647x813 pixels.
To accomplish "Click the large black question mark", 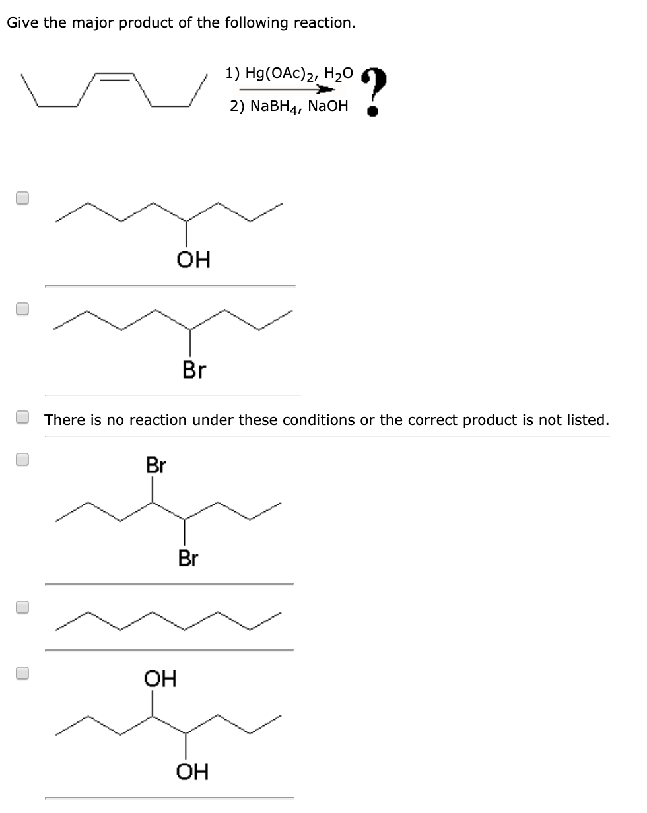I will coord(374,90).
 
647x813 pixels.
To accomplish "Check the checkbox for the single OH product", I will coord(22,198).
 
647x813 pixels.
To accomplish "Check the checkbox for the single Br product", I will coord(22,308).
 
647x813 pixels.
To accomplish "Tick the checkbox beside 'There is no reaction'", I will coord(22,418).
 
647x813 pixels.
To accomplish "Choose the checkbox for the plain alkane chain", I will coord(22,608).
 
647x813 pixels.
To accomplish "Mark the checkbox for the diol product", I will coord(22,672).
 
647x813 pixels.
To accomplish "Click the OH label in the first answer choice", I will coord(193,261).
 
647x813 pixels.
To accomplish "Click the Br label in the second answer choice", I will coord(193,370).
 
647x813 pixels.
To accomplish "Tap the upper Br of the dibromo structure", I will coord(156,465).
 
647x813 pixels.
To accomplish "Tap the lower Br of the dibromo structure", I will coord(188,559).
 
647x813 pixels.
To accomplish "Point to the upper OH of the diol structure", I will coord(160,678).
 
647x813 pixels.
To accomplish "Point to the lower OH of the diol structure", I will coord(192,771).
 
